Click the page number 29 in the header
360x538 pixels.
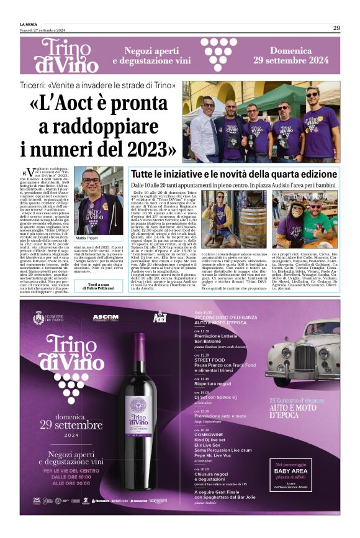click(336, 27)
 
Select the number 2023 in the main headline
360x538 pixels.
click(146, 149)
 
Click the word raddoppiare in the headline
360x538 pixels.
click(115, 127)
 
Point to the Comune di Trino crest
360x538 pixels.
click(39, 318)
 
